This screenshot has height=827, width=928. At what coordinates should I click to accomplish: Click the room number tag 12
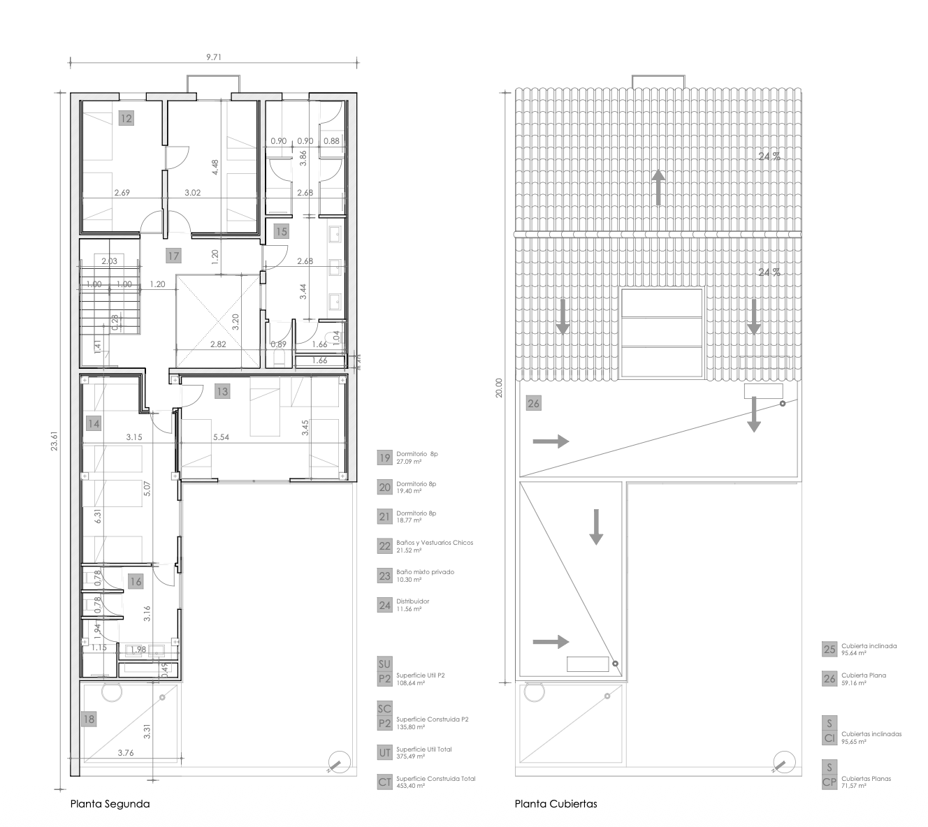click(x=126, y=118)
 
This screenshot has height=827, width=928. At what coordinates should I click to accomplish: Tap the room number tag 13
click(x=222, y=391)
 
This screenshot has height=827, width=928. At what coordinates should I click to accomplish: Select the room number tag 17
click(x=173, y=256)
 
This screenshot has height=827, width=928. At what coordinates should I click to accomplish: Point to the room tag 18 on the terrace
click(x=89, y=719)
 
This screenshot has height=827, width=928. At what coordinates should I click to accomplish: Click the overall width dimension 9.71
click(x=215, y=58)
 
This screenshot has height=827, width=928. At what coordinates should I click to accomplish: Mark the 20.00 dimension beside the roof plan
click(x=498, y=388)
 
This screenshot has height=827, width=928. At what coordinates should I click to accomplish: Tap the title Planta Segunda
click(x=110, y=804)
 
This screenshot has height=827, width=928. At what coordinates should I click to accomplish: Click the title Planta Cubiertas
click(x=556, y=804)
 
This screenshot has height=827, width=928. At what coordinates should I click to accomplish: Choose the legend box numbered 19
click(x=384, y=458)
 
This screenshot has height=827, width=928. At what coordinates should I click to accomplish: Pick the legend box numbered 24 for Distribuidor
click(x=384, y=605)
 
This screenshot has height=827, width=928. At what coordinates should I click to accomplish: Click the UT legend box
click(x=384, y=752)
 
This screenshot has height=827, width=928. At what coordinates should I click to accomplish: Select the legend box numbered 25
click(x=829, y=650)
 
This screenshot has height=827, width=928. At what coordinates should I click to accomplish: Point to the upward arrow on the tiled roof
click(x=658, y=187)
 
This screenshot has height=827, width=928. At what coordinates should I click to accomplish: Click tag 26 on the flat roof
click(x=534, y=403)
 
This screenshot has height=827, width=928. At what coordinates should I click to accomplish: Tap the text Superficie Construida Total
click(x=435, y=779)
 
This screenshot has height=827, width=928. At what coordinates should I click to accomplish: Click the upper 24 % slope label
click(x=769, y=156)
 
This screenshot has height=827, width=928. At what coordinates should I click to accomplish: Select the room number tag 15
click(x=281, y=231)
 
